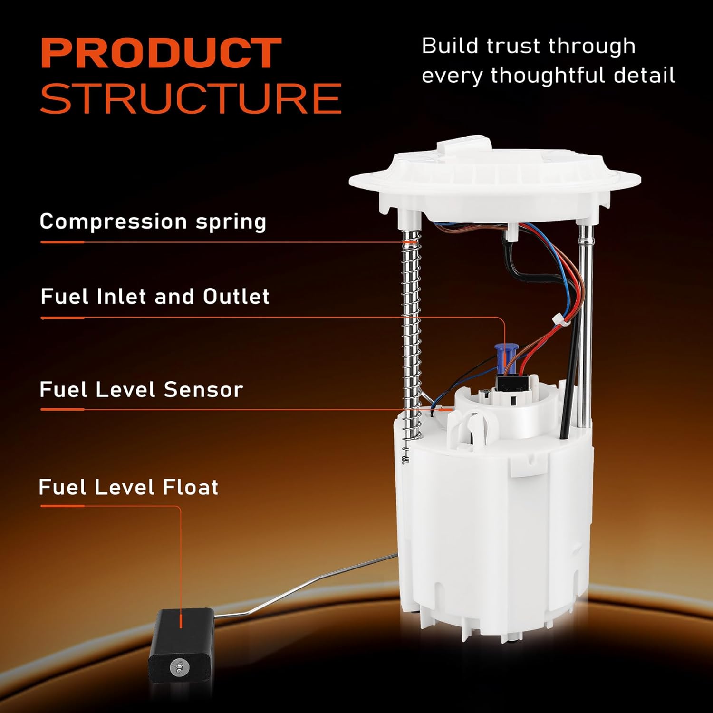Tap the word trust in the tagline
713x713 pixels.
point(514,46)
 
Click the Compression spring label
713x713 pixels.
point(153,222)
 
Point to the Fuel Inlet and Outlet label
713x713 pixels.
point(155,297)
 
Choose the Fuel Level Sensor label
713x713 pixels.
point(141,390)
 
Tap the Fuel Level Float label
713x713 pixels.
point(128,487)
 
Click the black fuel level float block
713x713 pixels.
point(181,637)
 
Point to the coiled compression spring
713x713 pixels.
point(412,333)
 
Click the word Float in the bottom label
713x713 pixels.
point(190,487)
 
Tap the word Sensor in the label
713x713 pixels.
point(203,390)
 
